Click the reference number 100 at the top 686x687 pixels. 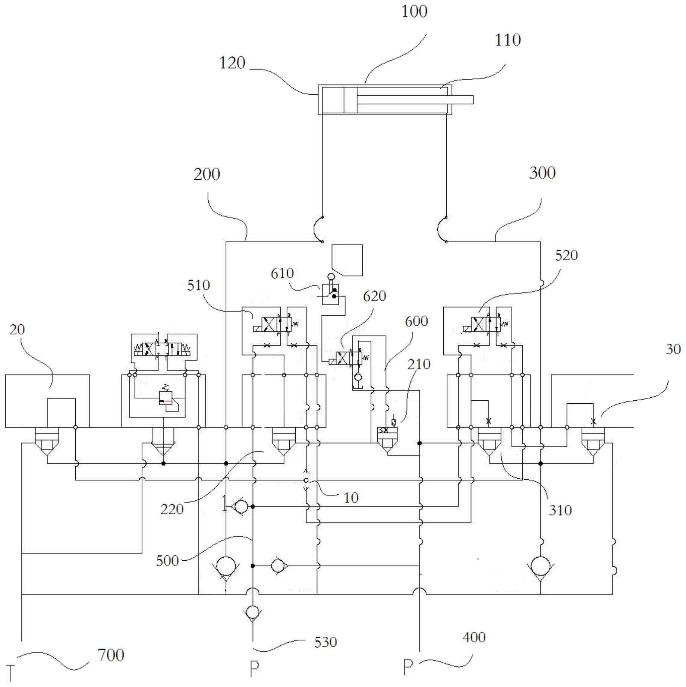coord(414,12)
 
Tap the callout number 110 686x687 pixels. coord(507,40)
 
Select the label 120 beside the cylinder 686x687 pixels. coord(232,63)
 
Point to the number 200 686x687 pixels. coord(207,174)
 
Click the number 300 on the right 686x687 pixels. coord(542,173)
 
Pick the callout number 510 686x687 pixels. coord(198,285)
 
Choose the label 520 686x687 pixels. coord(566,255)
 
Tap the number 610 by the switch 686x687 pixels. coord(282,273)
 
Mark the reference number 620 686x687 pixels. coord(374,296)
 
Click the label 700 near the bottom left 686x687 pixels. coord(111,655)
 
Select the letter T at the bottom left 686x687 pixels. coord(10,673)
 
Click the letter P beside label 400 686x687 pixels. coord(408,666)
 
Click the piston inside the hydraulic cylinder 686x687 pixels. coord(350,100)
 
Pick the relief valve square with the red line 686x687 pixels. coord(166,398)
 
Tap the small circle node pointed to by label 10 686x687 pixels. coord(306,480)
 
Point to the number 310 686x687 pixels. coord(560,510)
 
